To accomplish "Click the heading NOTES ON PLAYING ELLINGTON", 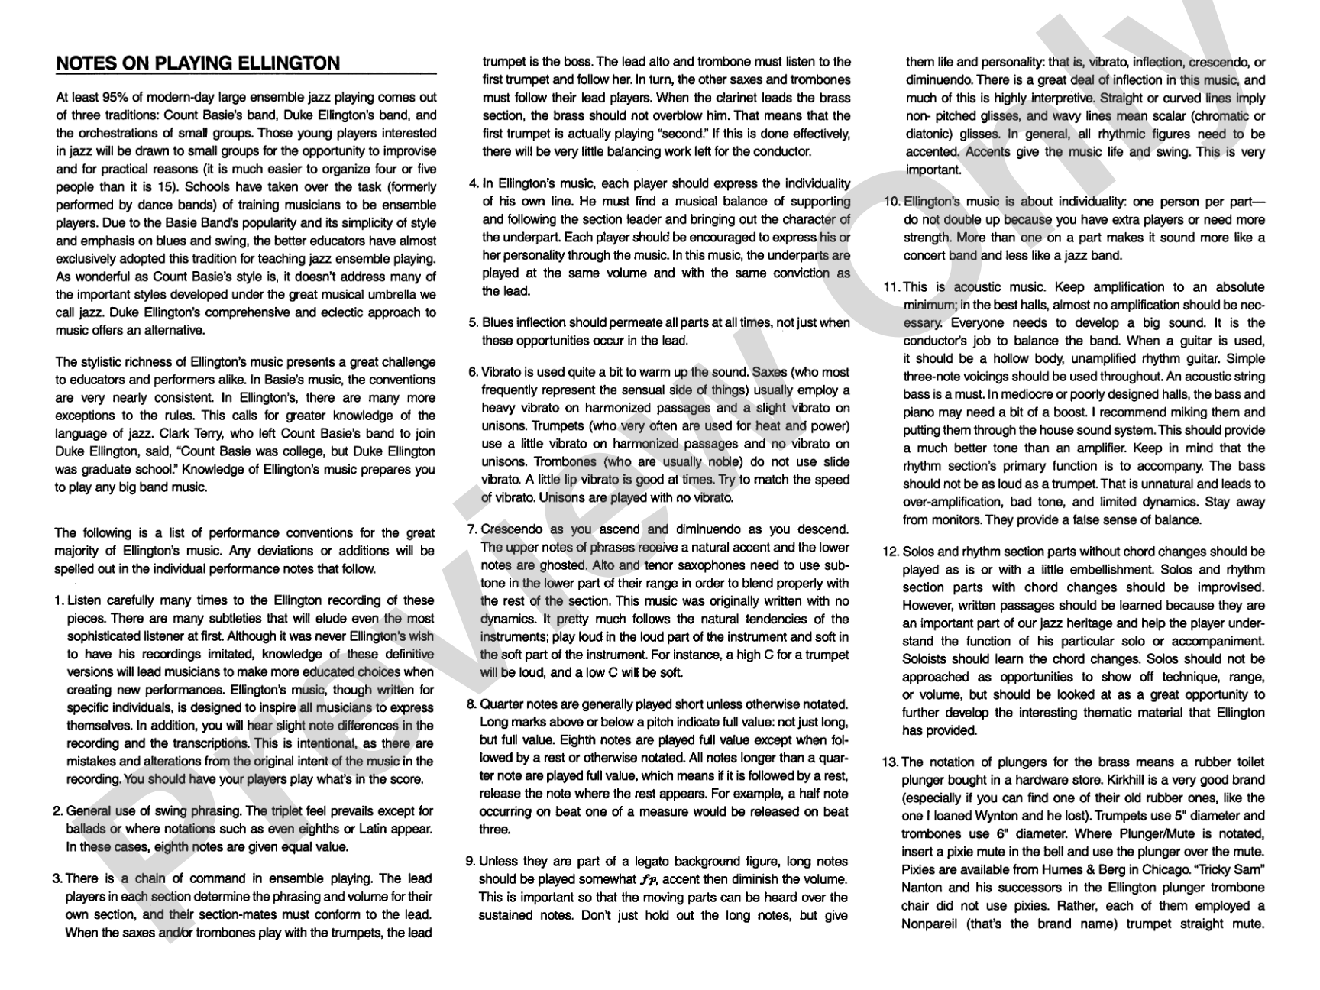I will click(198, 63).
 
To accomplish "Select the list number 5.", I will click(473, 322).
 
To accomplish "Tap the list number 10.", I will click(891, 202).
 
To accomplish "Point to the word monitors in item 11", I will click(956, 520).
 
